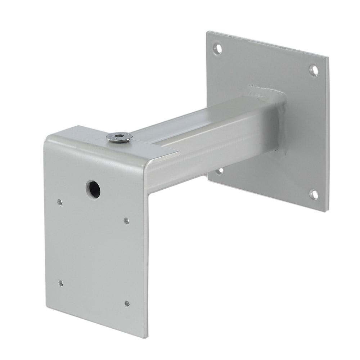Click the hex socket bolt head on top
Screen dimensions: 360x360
(x=119, y=137)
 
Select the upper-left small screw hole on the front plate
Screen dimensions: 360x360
(x=60, y=202)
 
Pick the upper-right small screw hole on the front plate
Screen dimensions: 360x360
(x=127, y=220)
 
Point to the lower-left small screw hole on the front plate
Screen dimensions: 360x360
(x=62, y=283)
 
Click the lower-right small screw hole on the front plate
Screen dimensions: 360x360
(x=127, y=303)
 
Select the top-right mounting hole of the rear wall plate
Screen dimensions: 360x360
(x=314, y=70)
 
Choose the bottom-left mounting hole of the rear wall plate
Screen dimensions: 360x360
(x=220, y=170)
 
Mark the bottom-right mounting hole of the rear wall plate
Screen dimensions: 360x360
(x=314, y=195)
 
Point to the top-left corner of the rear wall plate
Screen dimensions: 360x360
(x=208, y=32)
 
